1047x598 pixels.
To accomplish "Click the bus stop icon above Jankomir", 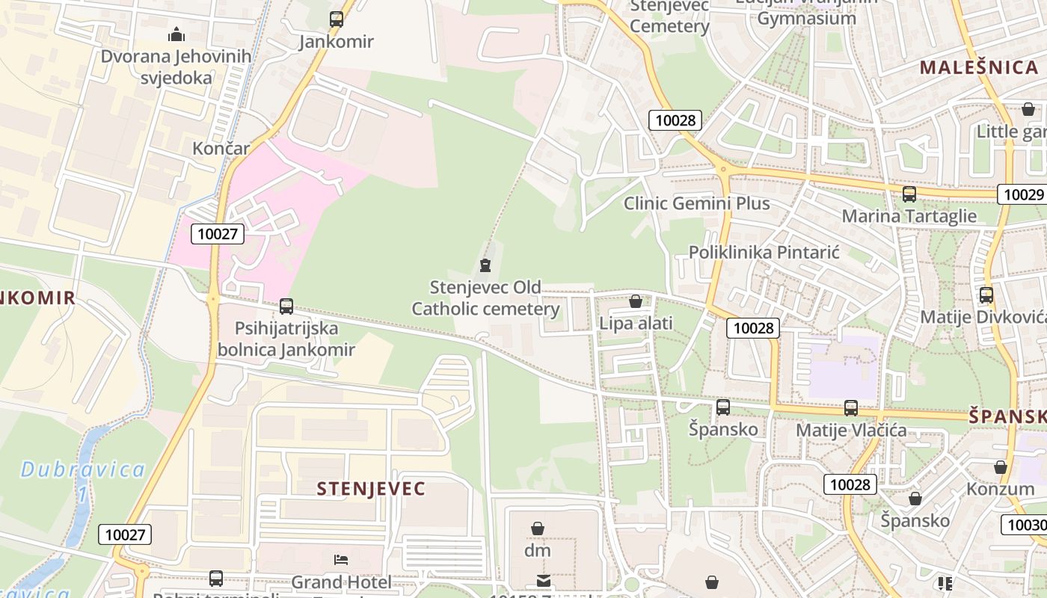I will click(x=337, y=19).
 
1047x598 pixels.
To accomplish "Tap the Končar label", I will click(x=221, y=148).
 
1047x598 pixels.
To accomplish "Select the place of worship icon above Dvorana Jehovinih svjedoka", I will click(x=176, y=34).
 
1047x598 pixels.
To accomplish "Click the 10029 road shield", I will click(x=1022, y=194).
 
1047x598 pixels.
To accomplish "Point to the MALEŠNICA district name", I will click(x=978, y=67).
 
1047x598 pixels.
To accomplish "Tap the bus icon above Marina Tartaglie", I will click(x=909, y=194).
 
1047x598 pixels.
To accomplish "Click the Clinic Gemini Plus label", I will click(x=696, y=203).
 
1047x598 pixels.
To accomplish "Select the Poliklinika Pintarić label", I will click(x=764, y=252).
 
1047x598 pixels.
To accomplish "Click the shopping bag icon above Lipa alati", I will click(x=636, y=301).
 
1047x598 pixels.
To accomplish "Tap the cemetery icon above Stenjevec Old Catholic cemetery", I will click(x=485, y=265).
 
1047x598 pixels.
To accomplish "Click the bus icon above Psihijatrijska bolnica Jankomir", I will click(x=286, y=306).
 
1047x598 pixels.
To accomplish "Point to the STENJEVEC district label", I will click(x=371, y=489).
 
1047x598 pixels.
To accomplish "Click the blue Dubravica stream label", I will click(x=82, y=470).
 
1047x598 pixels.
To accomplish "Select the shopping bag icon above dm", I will click(x=537, y=528).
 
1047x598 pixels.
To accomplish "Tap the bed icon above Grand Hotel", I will click(x=341, y=560).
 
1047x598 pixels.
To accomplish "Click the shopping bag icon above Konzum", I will click(x=1001, y=467).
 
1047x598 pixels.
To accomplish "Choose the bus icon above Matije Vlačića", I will click(x=851, y=407).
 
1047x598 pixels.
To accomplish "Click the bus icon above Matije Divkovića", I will click(x=986, y=295).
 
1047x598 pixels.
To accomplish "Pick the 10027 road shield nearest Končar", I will click(x=218, y=234).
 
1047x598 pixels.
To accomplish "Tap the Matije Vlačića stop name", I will click(x=851, y=430).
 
